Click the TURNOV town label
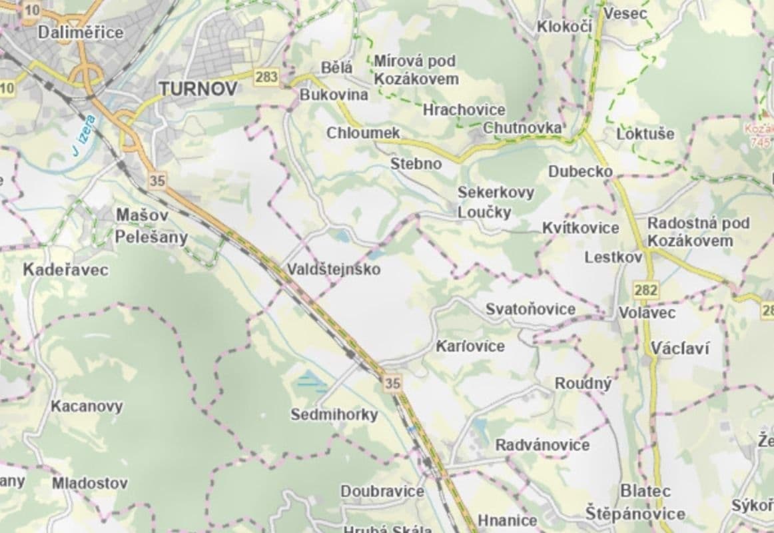(x=198, y=89)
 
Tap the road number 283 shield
(x=266, y=77)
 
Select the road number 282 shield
(x=646, y=290)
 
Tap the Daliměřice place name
(x=81, y=32)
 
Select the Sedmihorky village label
(x=334, y=414)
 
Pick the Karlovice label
(x=470, y=346)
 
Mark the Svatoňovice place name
(x=530, y=309)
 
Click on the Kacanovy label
(x=87, y=406)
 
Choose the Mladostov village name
(x=90, y=483)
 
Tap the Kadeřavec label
(x=65, y=270)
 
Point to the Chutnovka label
(x=523, y=127)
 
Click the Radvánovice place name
(x=542, y=444)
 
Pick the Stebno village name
(x=416, y=163)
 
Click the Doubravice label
(x=382, y=491)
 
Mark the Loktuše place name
(x=645, y=133)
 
